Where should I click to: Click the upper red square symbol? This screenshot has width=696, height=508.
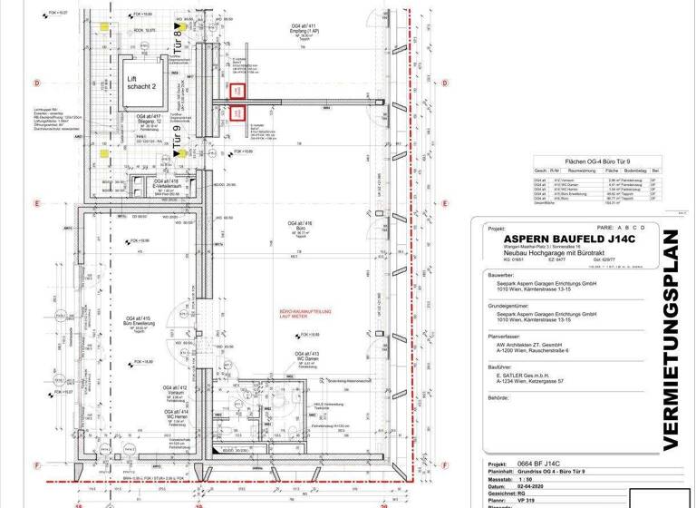coord(237,92)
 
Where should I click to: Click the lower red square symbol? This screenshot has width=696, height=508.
coord(237,113)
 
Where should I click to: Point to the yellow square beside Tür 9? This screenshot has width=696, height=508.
coord(185,152)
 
